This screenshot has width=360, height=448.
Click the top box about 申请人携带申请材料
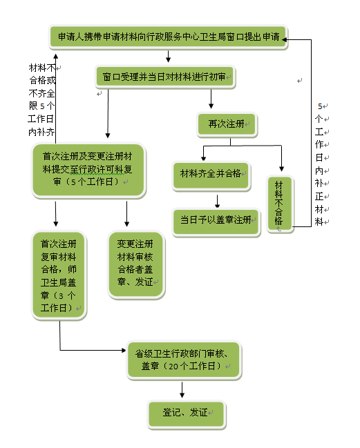168,37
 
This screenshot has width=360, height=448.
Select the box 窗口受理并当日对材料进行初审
165,77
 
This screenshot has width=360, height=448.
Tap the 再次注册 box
227,124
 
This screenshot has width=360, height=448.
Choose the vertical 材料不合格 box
280,204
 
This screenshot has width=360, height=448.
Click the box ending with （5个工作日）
88,171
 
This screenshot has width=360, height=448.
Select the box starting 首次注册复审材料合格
59,275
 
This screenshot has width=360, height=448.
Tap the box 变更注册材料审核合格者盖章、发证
136,264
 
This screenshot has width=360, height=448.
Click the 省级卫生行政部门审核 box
184,360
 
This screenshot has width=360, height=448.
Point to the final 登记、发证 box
187,414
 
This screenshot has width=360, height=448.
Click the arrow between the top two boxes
168,57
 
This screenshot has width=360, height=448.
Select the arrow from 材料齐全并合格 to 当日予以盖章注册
218,202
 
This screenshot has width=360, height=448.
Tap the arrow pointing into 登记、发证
182,390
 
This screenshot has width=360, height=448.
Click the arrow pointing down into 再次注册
211,99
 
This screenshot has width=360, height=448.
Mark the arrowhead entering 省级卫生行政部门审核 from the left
124,350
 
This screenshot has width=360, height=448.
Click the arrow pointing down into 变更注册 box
126,214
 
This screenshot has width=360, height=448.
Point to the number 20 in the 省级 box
173,367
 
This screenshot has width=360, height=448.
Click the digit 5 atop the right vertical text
320,106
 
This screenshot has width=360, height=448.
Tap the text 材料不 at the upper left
41,68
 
